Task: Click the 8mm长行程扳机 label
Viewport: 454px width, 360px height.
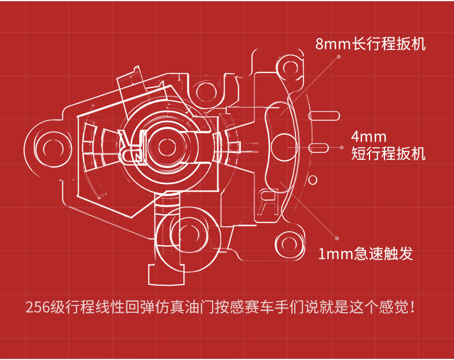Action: tap(371, 44)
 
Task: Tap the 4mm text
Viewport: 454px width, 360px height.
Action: tap(369, 137)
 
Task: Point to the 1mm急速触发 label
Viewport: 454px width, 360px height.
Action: tap(365, 254)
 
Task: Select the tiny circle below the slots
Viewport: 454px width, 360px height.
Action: tap(313, 180)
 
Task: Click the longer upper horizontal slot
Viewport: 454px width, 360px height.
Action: tap(324, 115)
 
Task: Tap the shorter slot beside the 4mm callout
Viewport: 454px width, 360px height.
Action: tap(320, 146)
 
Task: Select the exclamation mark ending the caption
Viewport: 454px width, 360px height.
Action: tap(414, 307)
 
